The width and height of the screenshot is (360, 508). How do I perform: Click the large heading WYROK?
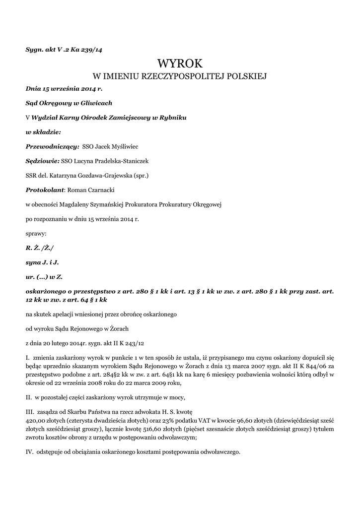[180, 63]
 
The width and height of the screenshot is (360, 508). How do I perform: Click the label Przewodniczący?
[52, 146]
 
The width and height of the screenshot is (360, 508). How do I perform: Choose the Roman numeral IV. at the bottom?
[29, 452]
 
